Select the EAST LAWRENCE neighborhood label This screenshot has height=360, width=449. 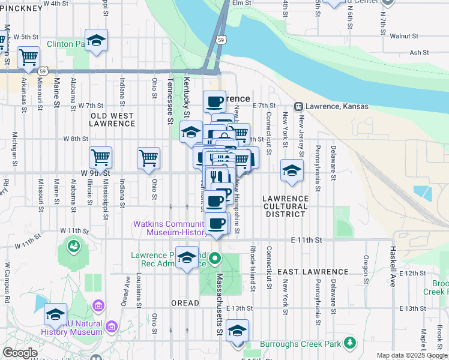coord(304,272)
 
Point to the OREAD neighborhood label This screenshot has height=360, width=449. coord(185,303)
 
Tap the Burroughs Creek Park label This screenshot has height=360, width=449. coord(300,344)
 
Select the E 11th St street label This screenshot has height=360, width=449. coord(306,240)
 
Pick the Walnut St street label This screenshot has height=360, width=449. coord(403,36)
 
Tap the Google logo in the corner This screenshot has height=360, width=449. coord(20,352)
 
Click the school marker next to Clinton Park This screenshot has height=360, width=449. coord(96,41)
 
